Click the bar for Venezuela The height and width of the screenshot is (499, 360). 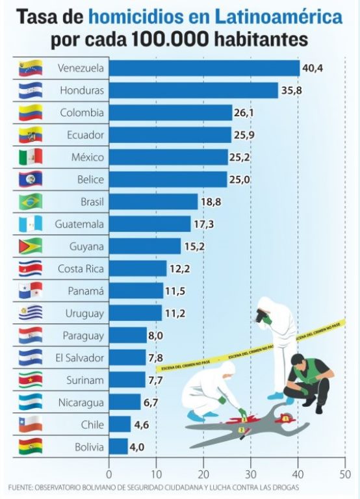[204, 68]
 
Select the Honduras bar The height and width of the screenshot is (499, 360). [194, 90]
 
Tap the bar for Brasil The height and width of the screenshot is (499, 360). [153, 202]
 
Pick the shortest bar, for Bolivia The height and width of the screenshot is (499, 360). [118, 447]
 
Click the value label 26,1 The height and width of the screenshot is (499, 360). [244, 112]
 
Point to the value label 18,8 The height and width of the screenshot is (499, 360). [211, 202]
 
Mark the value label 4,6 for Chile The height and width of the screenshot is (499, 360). [141, 424]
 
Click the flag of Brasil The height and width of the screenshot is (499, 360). [31, 202]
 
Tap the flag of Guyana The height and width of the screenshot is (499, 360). [31, 246]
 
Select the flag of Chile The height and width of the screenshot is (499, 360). [31, 424]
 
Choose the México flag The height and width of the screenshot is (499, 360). [31, 157]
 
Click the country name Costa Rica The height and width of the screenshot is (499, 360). [81, 268]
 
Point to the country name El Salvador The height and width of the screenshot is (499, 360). [79, 358]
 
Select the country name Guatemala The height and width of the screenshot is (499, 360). [79, 224]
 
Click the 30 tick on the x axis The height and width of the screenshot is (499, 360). [251, 474]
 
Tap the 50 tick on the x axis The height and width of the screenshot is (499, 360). [345, 474]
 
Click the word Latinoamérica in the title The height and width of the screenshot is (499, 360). [279, 17]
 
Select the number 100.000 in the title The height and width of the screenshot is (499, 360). [170, 39]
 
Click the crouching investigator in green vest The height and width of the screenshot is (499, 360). [308, 383]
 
